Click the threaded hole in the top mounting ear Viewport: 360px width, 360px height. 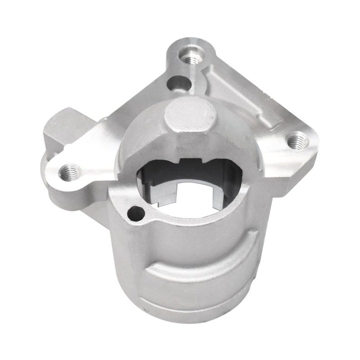pos(189,59)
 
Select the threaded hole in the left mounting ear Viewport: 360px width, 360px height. pos(68,173)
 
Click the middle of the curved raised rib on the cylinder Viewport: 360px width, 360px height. pos(200,265)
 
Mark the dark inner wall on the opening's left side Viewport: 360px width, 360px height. pos(150,182)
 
